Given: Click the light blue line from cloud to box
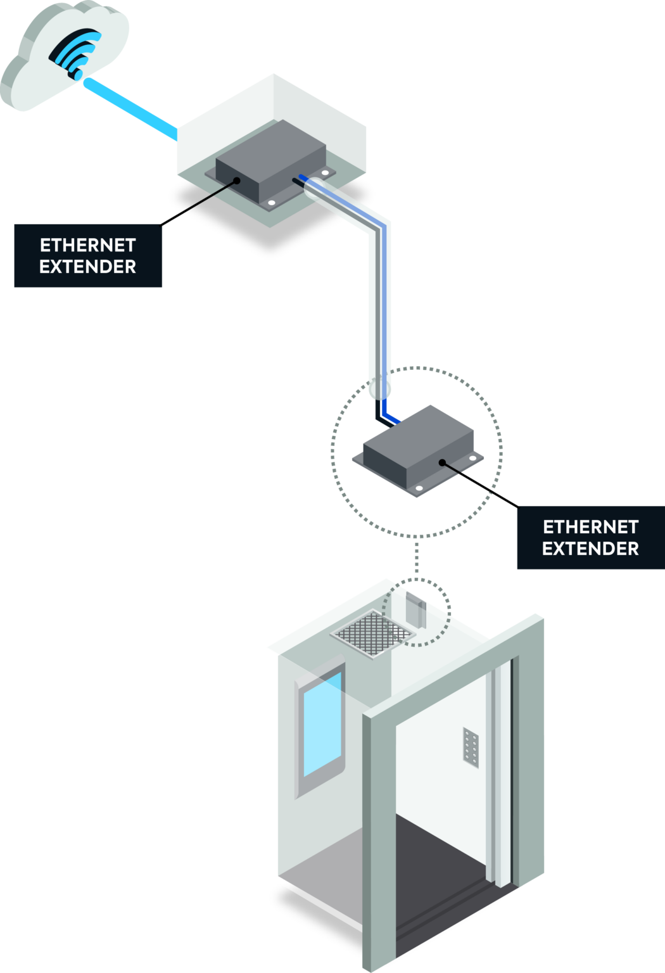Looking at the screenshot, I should point(130,108).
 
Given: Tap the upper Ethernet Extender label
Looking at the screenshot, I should point(88,256).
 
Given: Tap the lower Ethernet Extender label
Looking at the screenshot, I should point(590,538).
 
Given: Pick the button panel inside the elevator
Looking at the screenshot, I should point(471,746).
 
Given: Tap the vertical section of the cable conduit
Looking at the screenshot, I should point(379,304).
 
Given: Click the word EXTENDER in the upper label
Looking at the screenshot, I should point(88,267).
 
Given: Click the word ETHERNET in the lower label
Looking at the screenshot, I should point(590,527).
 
